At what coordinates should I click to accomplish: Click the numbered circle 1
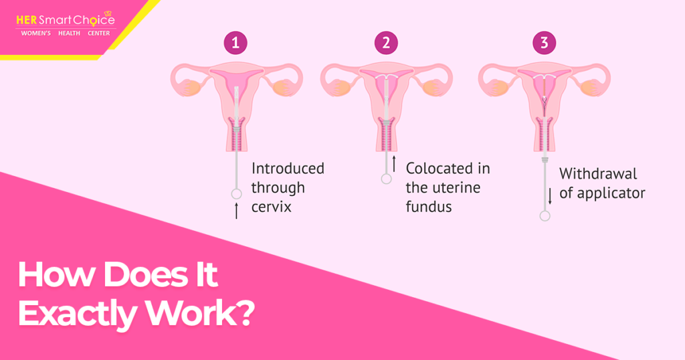[235, 43]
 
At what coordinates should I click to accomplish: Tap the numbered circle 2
[386, 43]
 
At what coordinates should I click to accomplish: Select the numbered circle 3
[544, 43]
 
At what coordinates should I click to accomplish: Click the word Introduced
[288, 169]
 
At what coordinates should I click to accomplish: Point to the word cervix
[272, 207]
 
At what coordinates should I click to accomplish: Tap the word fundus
[429, 207]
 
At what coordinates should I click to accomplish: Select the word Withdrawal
[598, 175]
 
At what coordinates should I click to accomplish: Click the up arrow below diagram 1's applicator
[235, 212]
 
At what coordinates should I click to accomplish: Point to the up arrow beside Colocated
[395, 163]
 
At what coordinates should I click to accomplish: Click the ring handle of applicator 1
[235, 194]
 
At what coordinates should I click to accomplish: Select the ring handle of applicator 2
[386, 179]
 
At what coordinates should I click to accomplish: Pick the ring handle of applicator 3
[545, 215]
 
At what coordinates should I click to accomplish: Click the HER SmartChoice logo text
[65, 20]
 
